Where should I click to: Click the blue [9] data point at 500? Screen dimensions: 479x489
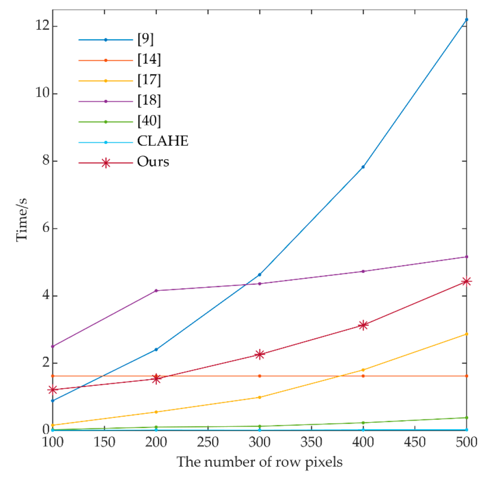(x=466, y=20)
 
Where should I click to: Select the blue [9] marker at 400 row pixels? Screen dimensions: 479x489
(x=363, y=167)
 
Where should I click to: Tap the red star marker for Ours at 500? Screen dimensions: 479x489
(x=466, y=282)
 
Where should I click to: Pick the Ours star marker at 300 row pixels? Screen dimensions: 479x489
(x=260, y=354)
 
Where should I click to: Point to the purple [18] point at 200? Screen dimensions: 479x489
(x=156, y=291)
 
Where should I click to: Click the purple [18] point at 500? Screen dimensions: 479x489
(x=466, y=257)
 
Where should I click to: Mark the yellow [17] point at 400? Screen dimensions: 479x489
(x=363, y=370)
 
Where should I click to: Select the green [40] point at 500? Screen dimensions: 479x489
(x=466, y=418)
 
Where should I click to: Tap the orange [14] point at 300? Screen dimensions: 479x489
(x=260, y=376)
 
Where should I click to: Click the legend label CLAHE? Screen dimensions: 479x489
(x=163, y=141)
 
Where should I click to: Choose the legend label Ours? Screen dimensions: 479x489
(x=153, y=162)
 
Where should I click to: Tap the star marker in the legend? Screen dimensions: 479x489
(x=106, y=163)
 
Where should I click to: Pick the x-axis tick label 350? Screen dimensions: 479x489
(x=311, y=442)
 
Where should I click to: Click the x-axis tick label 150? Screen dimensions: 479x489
(x=104, y=442)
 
